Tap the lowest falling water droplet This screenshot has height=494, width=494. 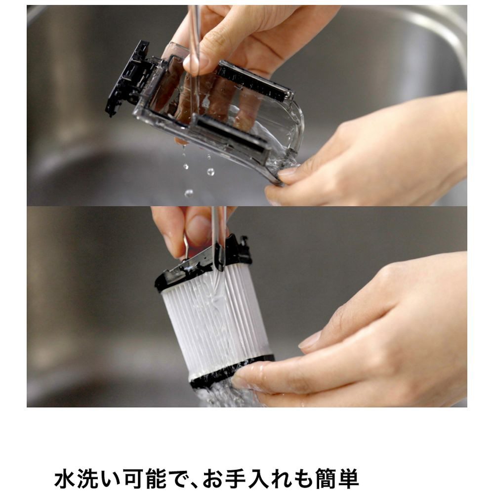(189, 193)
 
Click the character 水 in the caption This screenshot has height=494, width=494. (65, 479)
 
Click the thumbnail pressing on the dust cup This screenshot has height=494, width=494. (195, 63)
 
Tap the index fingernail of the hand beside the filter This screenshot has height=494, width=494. (310, 339)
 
